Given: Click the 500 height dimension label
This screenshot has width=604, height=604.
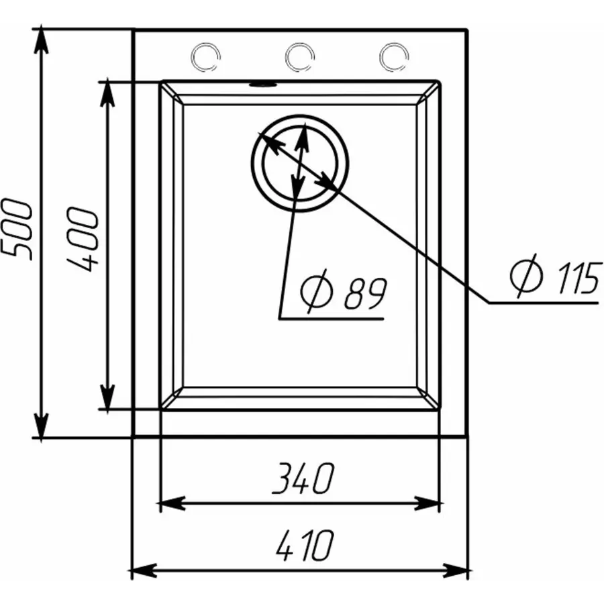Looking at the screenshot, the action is click(x=17, y=230).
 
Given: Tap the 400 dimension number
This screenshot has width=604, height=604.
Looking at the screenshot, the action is click(x=83, y=239).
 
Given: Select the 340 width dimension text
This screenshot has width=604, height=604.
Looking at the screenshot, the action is click(x=303, y=478).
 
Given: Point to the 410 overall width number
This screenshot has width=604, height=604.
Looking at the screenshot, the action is click(x=305, y=545).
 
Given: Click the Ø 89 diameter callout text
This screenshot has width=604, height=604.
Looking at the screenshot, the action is click(x=343, y=291).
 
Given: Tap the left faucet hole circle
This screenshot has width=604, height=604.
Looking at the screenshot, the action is click(x=205, y=56).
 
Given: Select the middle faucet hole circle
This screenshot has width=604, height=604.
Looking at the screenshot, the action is click(x=300, y=57).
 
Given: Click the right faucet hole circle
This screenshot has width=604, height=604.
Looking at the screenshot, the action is click(x=394, y=57).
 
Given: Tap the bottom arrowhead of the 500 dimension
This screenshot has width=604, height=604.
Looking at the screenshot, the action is click(x=41, y=425).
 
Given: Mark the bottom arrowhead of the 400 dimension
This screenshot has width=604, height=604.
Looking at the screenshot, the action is click(x=107, y=397).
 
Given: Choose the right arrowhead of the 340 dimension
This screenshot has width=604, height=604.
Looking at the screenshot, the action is click(x=427, y=503).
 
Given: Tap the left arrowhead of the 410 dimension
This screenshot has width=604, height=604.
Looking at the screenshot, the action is click(x=144, y=570).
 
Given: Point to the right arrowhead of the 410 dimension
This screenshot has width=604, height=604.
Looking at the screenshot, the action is click(x=456, y=570).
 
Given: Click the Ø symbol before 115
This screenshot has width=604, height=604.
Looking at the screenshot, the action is click(x=526, y=276).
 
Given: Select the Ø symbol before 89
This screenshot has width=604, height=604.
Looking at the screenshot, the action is click(x=316, y=291).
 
